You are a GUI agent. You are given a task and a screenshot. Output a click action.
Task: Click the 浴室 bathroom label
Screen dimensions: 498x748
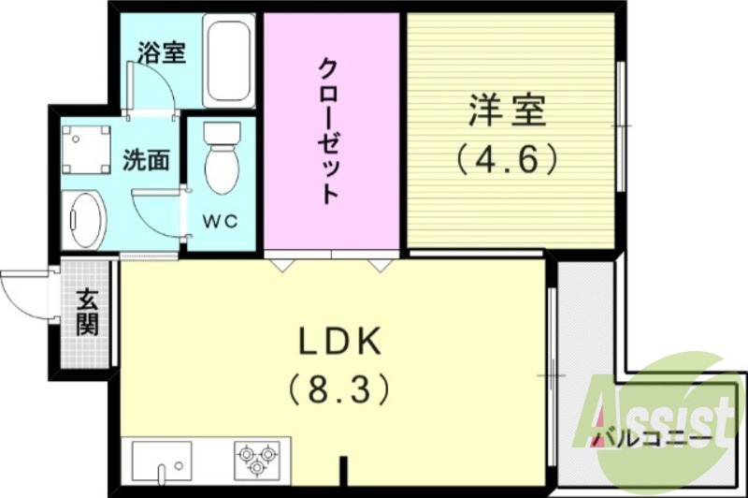pyautogui.click(x=161, y=52)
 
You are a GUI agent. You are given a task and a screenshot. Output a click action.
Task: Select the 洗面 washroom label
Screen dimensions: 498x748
pyautogui.click(x=146, y=160)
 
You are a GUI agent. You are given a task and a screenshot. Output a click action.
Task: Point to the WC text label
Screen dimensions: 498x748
pyautogui.click(x=220, y=222)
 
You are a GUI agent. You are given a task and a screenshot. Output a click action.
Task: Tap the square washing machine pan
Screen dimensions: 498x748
pyautogui.click(x=86, y=148)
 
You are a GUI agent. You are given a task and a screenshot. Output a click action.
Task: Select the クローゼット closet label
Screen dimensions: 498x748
pyautogui.click(x=328, y=131)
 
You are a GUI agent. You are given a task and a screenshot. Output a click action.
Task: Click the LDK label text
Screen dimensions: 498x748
pyautogui.click(x=340, y=344)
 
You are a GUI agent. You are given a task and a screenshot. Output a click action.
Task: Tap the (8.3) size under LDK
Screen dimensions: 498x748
pyautogui.click(x=338, y=387)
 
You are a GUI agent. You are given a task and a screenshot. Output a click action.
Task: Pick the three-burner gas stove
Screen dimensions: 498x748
pyautogui.click(x=254, y=459)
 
